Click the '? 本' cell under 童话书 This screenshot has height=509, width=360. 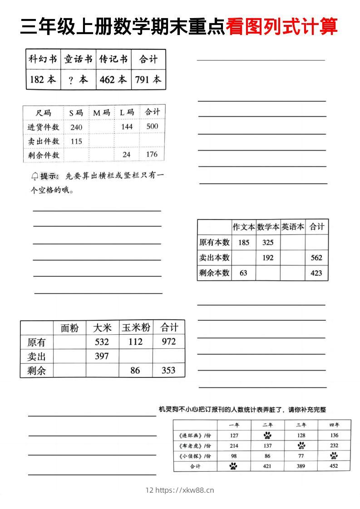click(78, 80)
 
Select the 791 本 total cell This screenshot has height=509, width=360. click(148, 80)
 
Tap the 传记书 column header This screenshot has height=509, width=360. click(113, 59)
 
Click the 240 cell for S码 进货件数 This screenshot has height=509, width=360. click(76, 127)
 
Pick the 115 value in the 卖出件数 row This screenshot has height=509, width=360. click(76, 142)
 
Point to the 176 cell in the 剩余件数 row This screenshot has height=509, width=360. click(152, 155)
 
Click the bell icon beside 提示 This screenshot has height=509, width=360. click(35, 176)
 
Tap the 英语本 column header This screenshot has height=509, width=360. click(292, 227)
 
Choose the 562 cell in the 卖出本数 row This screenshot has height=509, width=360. click(316, 258)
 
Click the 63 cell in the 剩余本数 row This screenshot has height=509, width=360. click(243, 273)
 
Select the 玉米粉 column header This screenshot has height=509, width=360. click(136, 328)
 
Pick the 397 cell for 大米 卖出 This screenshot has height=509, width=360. click(102, 356)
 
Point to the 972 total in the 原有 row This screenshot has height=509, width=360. click(168, 342)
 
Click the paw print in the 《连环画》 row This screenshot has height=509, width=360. click(267, 436)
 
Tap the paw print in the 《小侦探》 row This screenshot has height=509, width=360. click(334, 456)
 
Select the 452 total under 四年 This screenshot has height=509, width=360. click(334, 466)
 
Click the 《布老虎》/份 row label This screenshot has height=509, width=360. click(195, 446)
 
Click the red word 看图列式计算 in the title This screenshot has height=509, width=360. click(281, 26)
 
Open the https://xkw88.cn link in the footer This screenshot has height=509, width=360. click(184, 490)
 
